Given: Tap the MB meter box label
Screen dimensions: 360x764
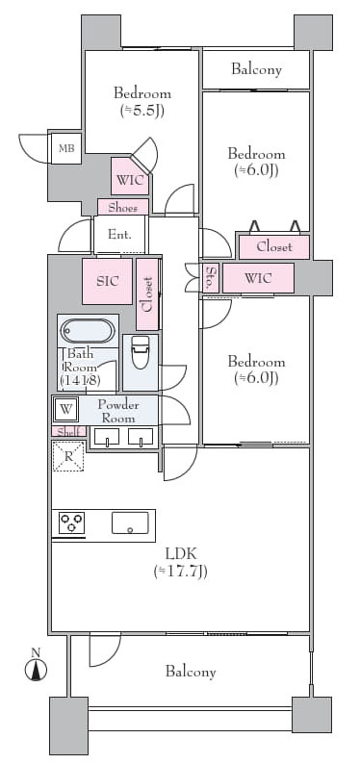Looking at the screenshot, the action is click(66, 147).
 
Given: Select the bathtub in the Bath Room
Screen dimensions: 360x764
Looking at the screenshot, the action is click(88, 331).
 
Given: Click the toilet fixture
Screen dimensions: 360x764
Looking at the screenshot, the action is click(141, 352).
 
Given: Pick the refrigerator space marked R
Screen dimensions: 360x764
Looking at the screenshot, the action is click(68, 455).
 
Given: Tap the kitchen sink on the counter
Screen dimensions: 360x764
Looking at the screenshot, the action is click(130, 522).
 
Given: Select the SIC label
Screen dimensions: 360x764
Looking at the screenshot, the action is click(107, 281).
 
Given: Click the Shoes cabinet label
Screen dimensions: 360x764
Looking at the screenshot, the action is click(122, 208).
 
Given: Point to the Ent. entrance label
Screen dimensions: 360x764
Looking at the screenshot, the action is click(119, 235).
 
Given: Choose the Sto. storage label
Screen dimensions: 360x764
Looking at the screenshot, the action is click(212, 278).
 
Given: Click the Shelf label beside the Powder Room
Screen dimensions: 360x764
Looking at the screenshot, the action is click(68, 431).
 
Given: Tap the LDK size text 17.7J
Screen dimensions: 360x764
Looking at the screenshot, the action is click(180, 571).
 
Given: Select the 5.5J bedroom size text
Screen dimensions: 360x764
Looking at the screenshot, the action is click(142, 111).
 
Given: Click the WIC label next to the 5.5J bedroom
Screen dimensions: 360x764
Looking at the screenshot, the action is click(130, 180).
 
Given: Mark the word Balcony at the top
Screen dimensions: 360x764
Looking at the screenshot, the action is click(256, 69).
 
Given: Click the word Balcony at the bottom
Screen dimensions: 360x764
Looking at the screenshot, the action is click(191, 672).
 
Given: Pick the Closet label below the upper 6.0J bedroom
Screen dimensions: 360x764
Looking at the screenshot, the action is click(274, 246).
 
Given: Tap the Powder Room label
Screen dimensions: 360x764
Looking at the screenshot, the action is click(118, 411).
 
